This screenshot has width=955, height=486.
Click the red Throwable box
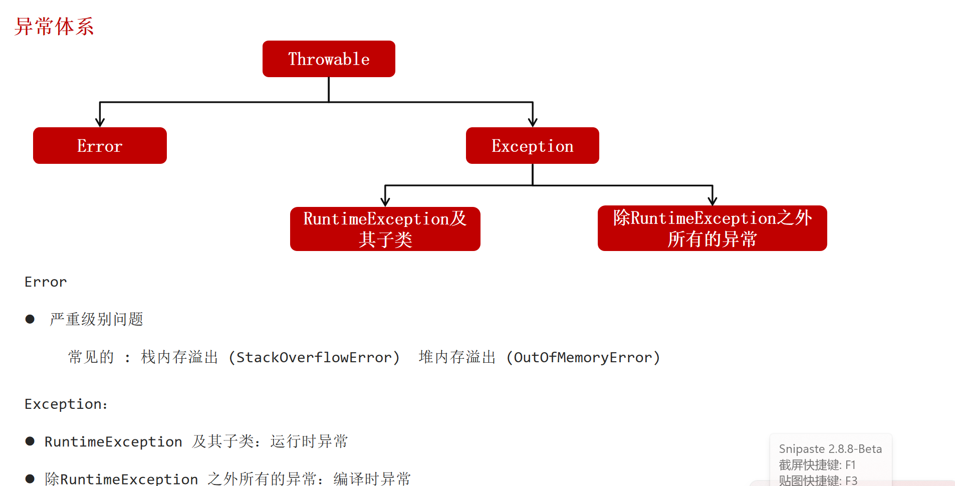329,59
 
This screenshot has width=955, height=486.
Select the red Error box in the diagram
100,145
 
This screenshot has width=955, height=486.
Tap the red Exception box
533,145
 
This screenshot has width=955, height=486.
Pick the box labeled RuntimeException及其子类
385,229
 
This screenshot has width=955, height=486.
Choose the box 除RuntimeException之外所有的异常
712,228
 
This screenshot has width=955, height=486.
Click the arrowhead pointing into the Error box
100,122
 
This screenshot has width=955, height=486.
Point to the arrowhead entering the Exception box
533,122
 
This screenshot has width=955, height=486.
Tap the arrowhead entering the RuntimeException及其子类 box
385,201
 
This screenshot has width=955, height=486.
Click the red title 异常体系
54,27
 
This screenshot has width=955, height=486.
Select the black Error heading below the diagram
46,282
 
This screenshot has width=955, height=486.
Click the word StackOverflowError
314,357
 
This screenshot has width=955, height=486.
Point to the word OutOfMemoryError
583,357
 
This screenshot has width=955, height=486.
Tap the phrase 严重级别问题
97,319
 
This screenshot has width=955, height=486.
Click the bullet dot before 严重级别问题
30,319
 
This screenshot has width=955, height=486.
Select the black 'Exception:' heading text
66,404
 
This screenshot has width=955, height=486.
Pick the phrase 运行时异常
309,441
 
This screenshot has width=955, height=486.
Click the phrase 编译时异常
372,478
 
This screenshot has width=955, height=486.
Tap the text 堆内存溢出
457,357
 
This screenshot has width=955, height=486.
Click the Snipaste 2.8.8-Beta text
830,449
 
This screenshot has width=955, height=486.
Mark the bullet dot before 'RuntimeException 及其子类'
30,441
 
